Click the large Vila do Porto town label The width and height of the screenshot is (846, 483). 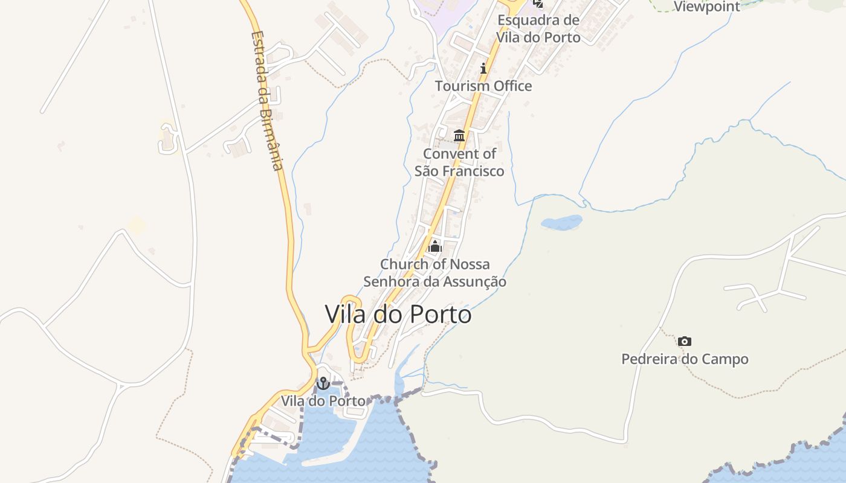(x=398, y=314)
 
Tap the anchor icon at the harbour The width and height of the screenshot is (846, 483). (x=323, y=383)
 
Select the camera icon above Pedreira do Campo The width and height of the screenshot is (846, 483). (x=684, y=342)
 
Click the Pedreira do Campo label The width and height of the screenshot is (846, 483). (x=685, y=359)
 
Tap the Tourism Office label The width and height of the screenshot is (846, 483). (x=483, y=86)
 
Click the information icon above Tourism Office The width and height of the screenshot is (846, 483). (x=483, y=68)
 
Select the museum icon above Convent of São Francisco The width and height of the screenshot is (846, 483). (x=459, y=135)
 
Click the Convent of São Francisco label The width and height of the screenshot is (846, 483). (x=459, y=162)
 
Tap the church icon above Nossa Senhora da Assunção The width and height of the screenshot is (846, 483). (x=434, y=246)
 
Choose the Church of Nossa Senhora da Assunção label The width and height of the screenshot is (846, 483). (x=434, y=273)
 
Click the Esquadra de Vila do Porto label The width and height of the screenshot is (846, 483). (x=538, y=28)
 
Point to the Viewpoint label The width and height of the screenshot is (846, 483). (x=706, y=7)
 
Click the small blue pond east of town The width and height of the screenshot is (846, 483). (x=561, y=223)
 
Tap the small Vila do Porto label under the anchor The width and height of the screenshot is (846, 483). (x=323, y=401)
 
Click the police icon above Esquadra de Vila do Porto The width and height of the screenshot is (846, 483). (x=538, y=4)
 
